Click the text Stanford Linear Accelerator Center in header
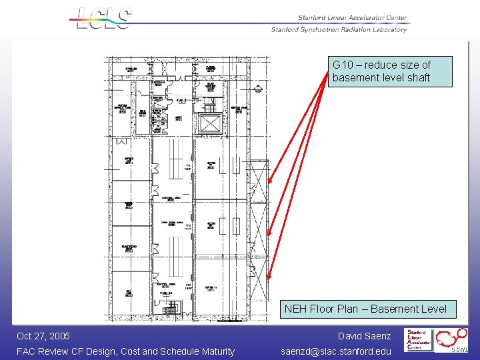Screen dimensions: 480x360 pyautogui.click(x=353, y=18)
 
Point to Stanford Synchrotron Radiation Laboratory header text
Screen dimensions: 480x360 pyautogui.click(x=339, y=29)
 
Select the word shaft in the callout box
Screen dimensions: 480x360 pyautogui.click(x=417, y=77)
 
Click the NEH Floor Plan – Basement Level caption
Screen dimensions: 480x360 pyautogui.click(x=365, y=309)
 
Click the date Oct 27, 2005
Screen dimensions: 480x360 pyautogui.click(x=43, y=336)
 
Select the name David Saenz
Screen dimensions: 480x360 pyautogui.click(x=364, y=336)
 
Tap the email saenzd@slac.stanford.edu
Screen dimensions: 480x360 pyautogui.click(x=336, y=351)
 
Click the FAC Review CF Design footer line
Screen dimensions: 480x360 pyautogui.click(x=125, y=351)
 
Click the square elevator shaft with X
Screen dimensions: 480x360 pyautogui.click(x=209, y=124)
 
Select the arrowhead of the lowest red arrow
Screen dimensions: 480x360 pyautogui.click(x=268, y=277)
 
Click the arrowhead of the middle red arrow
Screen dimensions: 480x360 pyautogui.click(x=268, y=234)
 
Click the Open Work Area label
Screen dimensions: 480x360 pyautogui.click(x=171, y=223)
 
